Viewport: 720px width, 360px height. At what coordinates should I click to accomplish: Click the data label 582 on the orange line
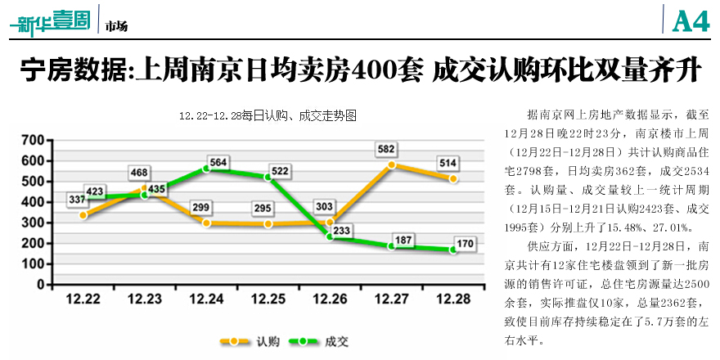(x=388, y=150)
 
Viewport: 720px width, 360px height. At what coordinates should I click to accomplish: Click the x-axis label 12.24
(x=206, y=300)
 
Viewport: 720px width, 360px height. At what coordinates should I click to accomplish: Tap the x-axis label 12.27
(x=392, y=300)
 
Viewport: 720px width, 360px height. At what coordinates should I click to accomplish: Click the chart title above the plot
(x=268, y=116)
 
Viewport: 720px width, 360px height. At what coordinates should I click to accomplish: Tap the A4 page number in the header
(x=690, y=20)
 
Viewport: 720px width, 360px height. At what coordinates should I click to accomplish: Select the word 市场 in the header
(x=116, y=26)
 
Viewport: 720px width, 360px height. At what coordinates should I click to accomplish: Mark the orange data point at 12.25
(x=268, y=223)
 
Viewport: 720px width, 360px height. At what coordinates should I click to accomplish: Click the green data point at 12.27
(x=392, y=245)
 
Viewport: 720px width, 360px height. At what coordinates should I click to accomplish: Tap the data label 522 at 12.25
(x=281, y=170)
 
